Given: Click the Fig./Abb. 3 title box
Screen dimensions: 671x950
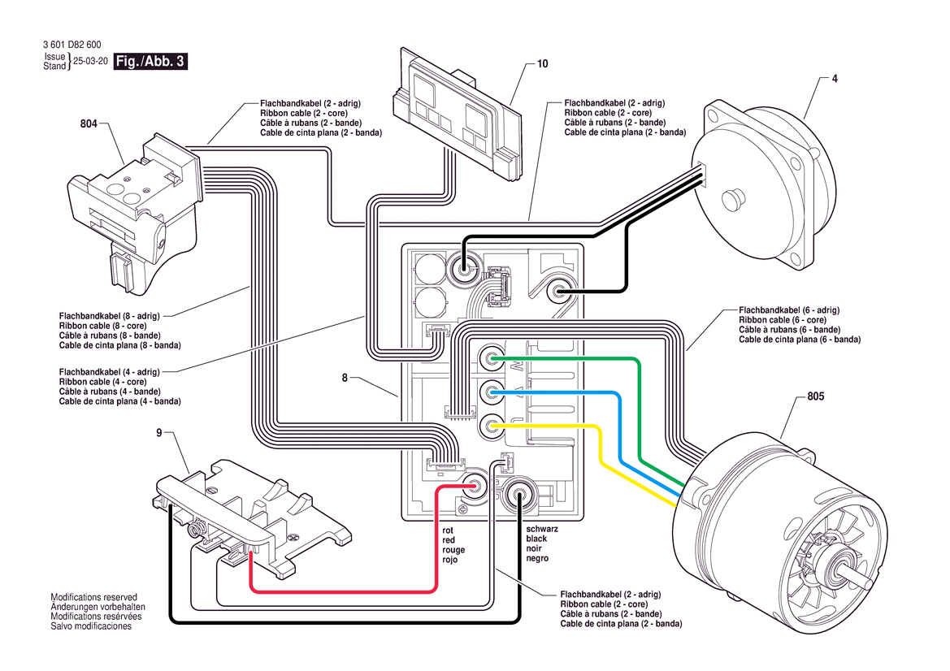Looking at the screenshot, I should pos(150,62).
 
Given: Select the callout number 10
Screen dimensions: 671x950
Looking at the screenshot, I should pos(543,64).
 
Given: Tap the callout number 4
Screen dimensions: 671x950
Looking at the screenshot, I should pos(835,79).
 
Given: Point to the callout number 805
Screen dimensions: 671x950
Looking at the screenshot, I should pos(816,397).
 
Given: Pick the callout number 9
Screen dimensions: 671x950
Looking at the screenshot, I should pos(159,433).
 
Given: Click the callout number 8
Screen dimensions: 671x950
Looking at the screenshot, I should pos(345,378).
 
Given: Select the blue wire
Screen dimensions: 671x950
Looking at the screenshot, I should pos(569,394).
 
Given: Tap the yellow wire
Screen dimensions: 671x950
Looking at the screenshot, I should pos(553,425).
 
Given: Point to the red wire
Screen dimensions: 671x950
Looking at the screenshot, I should pos(341,591).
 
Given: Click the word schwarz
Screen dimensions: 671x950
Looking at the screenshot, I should pos(542,528).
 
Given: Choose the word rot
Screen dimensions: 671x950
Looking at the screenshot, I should pos(448,530).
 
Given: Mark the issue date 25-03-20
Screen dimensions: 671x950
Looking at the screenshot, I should pos(90,62).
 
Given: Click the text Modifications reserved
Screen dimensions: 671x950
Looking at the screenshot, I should pos(93,597).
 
